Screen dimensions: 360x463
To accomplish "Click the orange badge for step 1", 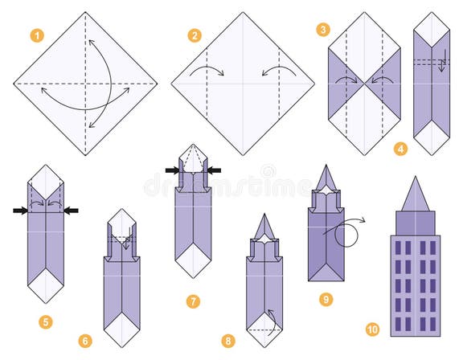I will tap(36, 35).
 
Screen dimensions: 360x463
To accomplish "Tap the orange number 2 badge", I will tap(195, 35).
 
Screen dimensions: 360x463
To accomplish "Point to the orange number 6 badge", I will tap(85, 341).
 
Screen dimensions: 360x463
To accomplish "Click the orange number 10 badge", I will tap(372, 329).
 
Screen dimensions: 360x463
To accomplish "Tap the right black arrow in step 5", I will tap(71, 211).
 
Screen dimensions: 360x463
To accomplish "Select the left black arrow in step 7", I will tap(172, 170).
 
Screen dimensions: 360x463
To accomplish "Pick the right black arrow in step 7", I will tap(215, 170).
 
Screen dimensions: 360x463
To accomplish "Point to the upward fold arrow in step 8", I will tap(272, 318).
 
